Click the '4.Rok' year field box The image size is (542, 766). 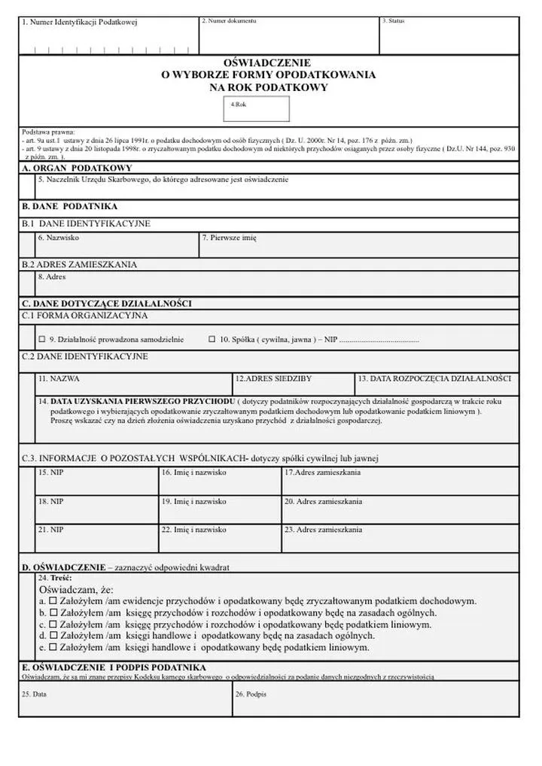pos(259,107)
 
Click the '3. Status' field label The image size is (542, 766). pos(393,21)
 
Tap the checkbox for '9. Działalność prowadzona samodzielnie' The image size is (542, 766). pos(42,339)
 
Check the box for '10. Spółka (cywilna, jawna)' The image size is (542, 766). pos(212,339)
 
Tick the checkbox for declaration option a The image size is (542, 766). pos(53,602)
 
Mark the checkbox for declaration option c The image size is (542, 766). pos(53,625)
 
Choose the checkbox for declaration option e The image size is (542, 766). pos(53,646)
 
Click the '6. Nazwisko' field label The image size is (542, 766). pos(58,238)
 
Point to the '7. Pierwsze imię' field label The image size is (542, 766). pos(229,238)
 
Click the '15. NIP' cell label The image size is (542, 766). pos(50,473)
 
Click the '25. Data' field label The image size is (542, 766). pos(35,695)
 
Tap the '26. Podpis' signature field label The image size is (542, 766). pos(251,695)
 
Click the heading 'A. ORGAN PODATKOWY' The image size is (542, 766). pos(77,168)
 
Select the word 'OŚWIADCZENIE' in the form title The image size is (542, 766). pos(268,63)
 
